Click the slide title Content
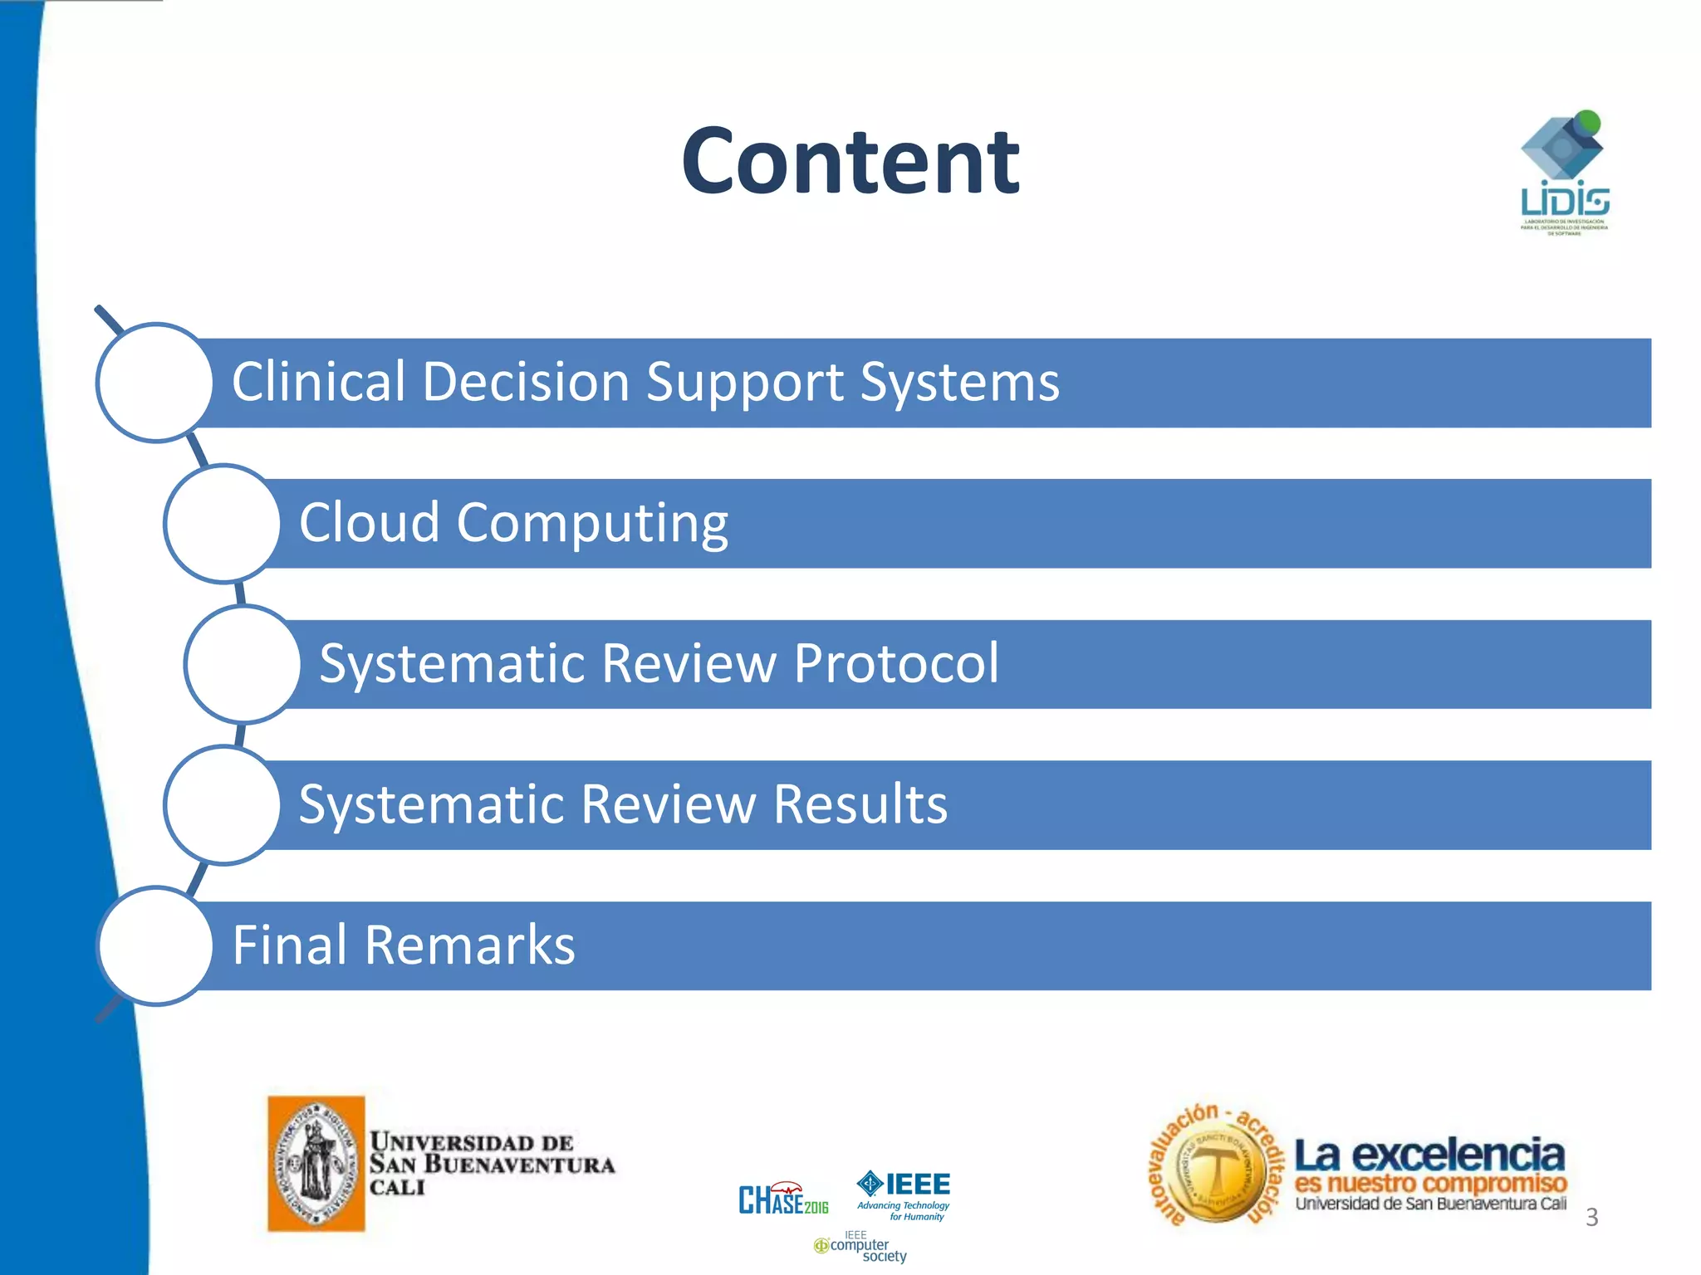tap(850, 162)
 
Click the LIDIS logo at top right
tap(1564, 173)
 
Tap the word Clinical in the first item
tap(317, 382)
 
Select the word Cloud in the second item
tap(369, 523)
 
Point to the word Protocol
tap(895, 664)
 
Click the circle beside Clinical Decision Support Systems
tap(155, 383)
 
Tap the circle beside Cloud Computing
tap(223, 524)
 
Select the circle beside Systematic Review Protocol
tap(243, 664)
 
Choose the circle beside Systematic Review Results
tap(223, 805)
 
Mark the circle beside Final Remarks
tap(155, 945)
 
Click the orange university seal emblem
tap(316, 1163)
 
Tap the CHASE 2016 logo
tap(783, 1199)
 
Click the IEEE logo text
tap(917, 1185)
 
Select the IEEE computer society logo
tap(860, 1248)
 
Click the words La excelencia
tap(1429, 1155)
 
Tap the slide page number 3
tap(1591, 1217)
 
